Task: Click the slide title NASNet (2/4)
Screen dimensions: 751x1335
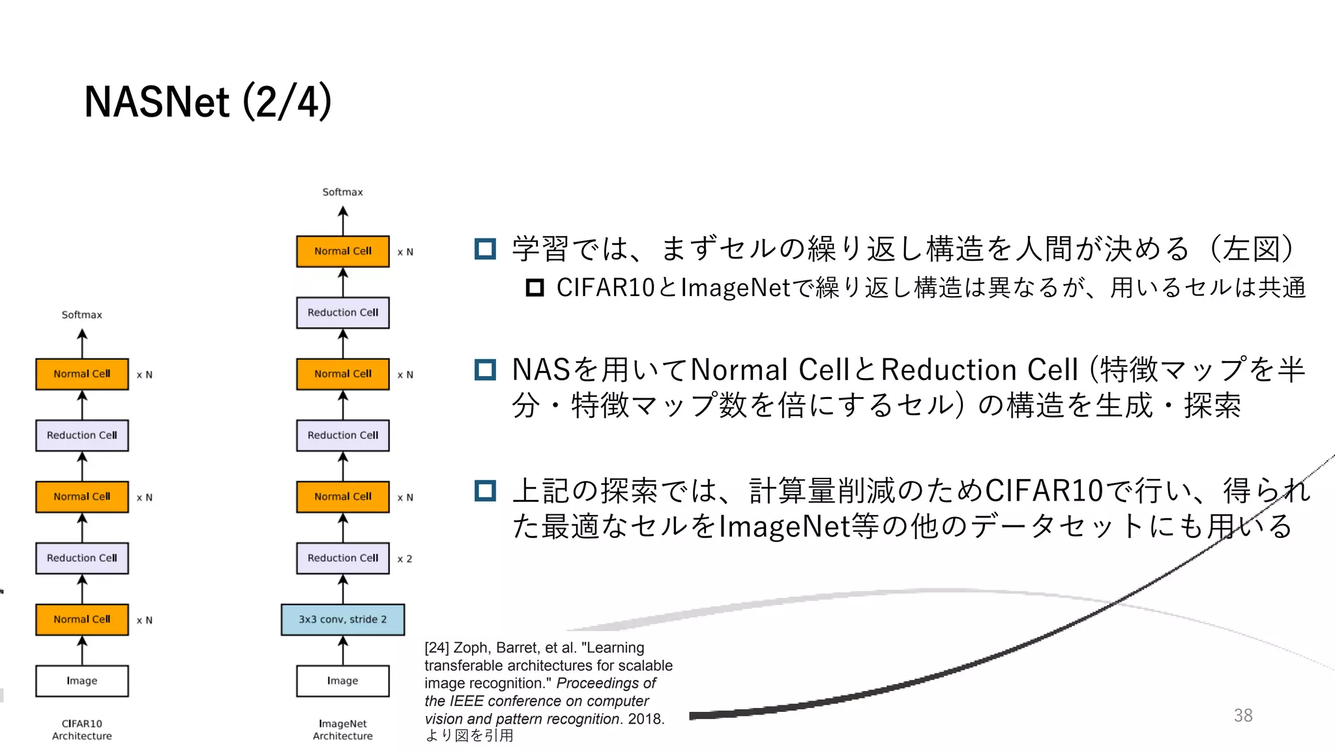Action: (208, 102)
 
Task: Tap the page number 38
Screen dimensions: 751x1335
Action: (1242, 715)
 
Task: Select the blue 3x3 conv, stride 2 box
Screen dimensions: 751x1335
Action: (342, 619)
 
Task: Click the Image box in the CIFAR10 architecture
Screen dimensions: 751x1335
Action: (82, 681)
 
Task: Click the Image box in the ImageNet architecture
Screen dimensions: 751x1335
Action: (342, 681)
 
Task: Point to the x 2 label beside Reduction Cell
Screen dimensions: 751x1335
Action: (405, 559)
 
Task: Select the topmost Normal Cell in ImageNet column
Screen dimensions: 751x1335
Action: (342, 251)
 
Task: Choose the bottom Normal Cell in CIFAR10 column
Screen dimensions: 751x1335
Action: (82, 619)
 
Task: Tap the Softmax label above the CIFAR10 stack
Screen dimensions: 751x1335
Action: (82, 315)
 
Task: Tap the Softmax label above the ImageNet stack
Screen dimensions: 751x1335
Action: (342, 192)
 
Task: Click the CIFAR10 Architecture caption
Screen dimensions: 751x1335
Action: (82, 729)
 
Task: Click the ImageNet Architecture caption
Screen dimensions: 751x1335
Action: (342, 729)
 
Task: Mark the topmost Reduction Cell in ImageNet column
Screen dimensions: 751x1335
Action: (342, 312)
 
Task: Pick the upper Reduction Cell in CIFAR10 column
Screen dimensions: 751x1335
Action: (82, 435)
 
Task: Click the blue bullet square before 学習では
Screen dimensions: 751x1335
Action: (485, 248)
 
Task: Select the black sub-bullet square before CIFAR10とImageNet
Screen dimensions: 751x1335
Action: (535, 287)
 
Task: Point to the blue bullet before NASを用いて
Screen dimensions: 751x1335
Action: (485, 370)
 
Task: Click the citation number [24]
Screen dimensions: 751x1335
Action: (437, 648)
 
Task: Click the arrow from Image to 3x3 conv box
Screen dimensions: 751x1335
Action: (343, 651)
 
